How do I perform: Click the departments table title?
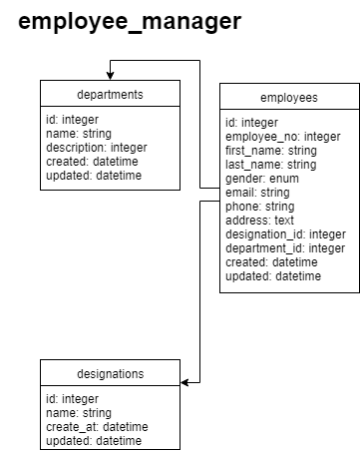tap(110, 95)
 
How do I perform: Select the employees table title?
tap(288, 98)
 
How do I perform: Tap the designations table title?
tap(110, 374)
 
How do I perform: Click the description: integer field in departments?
tap(96, 148)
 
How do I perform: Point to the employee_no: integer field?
tap(282, 137)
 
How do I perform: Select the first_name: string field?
tap(270, 151)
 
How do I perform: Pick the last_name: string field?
tap(270, 165)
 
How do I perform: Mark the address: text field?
tap(261, 221)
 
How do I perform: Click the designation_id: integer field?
tap(285, 234)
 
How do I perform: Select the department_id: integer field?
tap(285, 248)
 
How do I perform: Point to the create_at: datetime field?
tap(97, 426)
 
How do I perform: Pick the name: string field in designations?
tap(79, 412)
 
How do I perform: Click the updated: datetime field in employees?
tap(273, 275)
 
